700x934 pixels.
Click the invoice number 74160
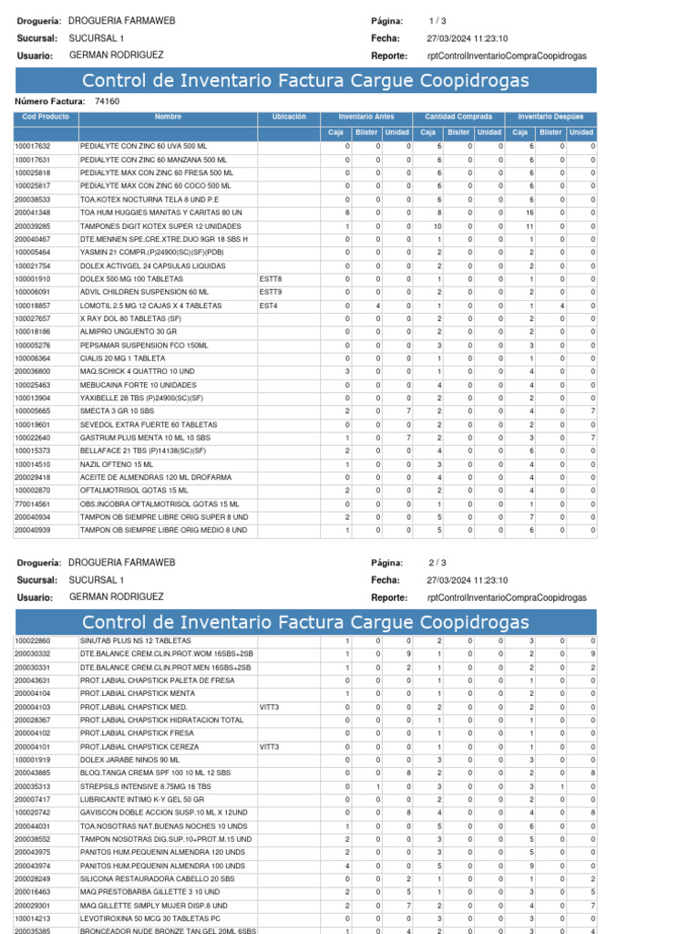107,101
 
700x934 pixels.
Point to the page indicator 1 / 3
437,21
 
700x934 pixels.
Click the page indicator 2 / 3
437,563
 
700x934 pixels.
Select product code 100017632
33,146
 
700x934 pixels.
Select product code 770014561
33,503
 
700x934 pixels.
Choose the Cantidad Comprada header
458,118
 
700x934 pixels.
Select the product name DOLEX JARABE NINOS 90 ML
130,759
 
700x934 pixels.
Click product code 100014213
33,918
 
